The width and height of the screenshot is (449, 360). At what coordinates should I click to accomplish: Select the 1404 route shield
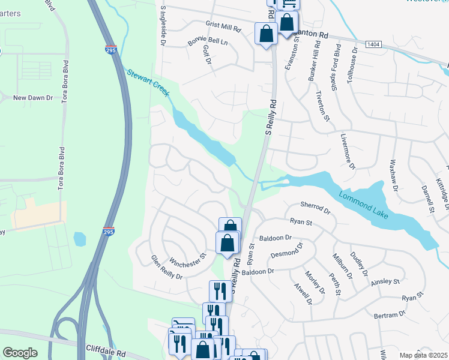[x=372, y=44]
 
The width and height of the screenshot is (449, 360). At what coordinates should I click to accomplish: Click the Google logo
[x=20, y=353]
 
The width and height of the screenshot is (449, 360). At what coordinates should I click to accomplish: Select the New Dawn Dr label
[x=34, y=97]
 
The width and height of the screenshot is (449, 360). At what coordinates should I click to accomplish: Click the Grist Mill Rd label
[x=223, y=29]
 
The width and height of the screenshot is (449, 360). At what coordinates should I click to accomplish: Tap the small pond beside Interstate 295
[x=80, y=239]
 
